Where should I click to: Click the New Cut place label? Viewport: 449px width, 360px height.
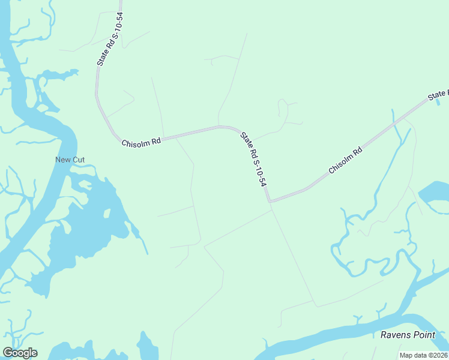[x=70, y=160]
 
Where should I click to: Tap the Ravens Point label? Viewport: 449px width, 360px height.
[x=408, y=334]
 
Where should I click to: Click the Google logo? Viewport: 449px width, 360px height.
[x=19, y=352]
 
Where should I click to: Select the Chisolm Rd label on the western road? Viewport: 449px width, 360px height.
[x=141, y=142]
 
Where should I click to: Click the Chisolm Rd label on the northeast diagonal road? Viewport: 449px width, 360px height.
[x=346, y=161]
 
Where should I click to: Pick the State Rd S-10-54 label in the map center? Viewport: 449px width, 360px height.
[x=253, y=158]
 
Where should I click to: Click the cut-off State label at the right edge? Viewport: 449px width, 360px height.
[x=438, y=95]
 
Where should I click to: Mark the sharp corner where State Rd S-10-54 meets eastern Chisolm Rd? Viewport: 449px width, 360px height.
[x=270, y=202]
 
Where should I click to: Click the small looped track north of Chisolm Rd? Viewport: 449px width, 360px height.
[x=282, y=108]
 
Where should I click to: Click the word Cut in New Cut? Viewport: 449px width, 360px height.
[x=79, y=160]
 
